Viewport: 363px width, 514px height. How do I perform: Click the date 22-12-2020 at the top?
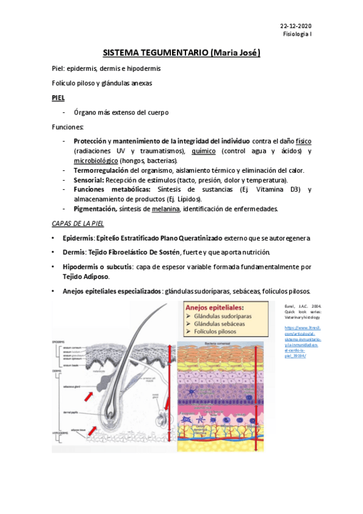[x=295, y=26]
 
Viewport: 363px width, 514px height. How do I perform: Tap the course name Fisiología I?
[x=298, y=35]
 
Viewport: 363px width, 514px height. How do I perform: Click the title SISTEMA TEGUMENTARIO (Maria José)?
[x=181, y=53]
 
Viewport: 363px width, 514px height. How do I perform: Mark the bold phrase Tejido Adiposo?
[x=86, y=276]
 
